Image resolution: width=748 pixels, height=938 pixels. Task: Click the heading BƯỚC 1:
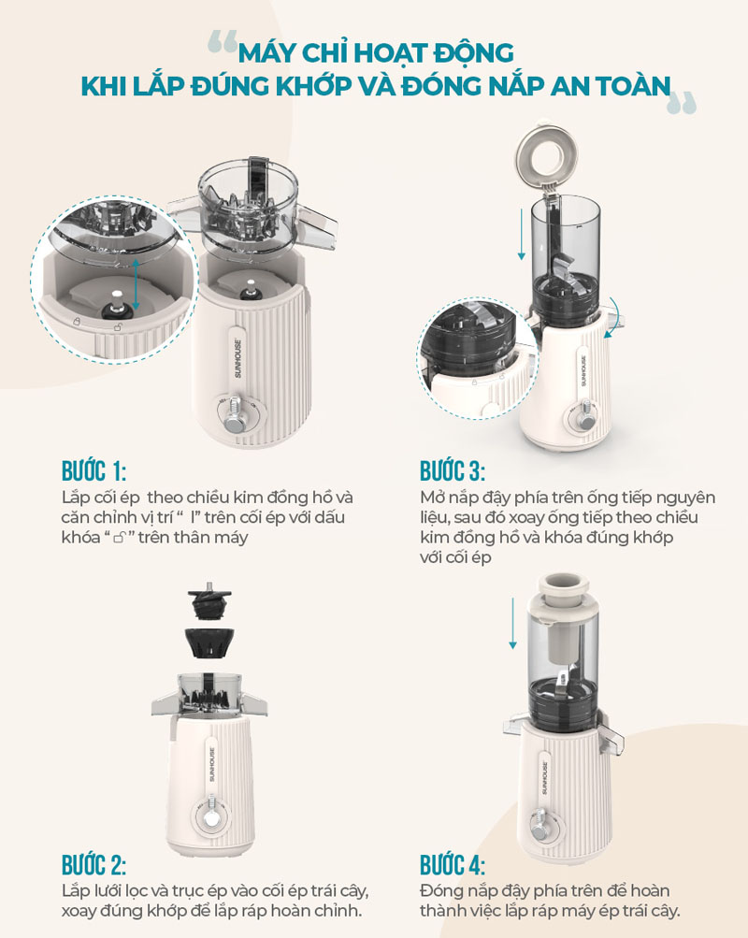93,471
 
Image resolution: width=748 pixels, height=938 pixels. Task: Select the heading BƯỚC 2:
93,865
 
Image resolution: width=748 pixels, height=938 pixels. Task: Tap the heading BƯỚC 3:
452,471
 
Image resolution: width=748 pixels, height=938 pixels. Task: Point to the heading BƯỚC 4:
452,865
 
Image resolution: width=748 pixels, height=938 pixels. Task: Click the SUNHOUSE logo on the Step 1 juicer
237,358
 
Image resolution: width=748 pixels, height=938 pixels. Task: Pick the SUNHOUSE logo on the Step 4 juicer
545,777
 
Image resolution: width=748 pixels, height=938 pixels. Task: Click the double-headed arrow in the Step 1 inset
136,285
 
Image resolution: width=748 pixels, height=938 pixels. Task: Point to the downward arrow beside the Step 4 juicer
512,622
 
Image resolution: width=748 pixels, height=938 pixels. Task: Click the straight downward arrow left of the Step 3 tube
522,233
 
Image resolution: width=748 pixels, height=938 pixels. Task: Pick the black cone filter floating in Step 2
209,642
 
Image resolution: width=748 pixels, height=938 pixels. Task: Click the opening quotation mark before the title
223,42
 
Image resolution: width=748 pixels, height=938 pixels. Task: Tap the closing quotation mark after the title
683,102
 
